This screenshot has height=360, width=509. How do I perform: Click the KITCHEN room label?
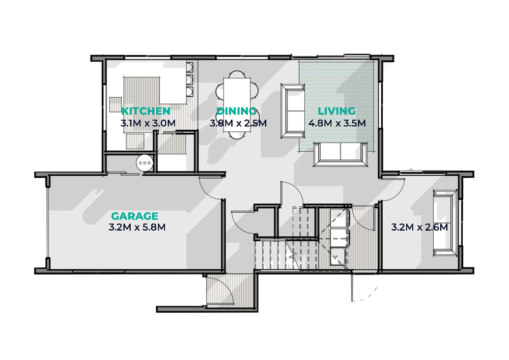pyautogui.click(x=146, y=111)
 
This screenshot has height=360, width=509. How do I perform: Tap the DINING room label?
pyautogui.click(x=236, y=111)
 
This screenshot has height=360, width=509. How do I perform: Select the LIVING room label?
pyautogui.click(x=336, y=111)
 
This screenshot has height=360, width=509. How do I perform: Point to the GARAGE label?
pyautogui.click(x=135, y=216)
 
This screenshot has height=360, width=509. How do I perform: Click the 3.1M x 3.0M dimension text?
pyautogui.click(x=148, y=123)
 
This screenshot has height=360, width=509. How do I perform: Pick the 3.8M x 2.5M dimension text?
pyautogui.click(x=238, y=123)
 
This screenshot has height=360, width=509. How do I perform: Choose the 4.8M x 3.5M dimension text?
pyautogui.click(x=337, y=123)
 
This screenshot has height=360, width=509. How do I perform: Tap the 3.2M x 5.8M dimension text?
pyautogui.click(x=137, y=227)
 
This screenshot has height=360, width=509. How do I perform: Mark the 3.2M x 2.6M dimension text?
pyautogui.click(x=419, y=227)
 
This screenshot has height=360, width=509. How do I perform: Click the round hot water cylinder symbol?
pyautogui.click(x=144, y=162)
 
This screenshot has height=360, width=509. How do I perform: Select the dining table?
pyautogui.click(x=237, y=105)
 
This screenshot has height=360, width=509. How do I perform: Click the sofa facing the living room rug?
pyautogui.click(x=293, y=110)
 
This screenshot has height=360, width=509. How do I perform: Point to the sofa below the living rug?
pyautogui.click(x=341, y=154)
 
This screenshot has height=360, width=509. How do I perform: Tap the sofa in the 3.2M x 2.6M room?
pyautogui.click(x=445, y=224)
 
